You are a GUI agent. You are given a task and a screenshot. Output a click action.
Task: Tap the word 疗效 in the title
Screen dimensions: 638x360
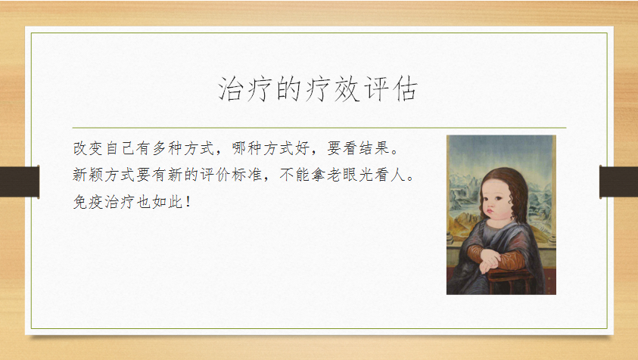tap(332, 88)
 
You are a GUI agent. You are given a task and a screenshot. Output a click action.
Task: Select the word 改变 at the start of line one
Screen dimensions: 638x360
tap(88, 148)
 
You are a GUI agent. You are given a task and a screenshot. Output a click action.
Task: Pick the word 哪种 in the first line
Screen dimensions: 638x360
tap(247, 148)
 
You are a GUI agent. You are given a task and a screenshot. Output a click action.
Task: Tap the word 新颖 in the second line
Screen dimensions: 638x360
tap(88, 175)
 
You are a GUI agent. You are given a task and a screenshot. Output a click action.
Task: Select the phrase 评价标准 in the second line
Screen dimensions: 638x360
tap(231, 175)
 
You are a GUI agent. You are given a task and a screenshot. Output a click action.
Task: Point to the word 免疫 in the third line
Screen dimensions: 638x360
tap(88, 201)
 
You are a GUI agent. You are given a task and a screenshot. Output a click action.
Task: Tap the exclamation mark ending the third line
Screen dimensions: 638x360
tap(188, 201)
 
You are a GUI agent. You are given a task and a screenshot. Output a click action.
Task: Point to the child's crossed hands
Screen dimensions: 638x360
tap(490, 260)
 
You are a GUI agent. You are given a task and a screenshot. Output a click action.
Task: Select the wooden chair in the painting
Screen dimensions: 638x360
tap(509, 281)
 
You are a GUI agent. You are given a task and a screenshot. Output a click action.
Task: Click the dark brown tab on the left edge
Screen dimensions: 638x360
tap(20, 182)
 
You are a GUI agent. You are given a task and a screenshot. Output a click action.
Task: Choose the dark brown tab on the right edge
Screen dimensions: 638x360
tap(618, 182)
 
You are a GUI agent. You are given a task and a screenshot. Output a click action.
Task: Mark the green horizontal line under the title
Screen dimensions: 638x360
tap(319, 128)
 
